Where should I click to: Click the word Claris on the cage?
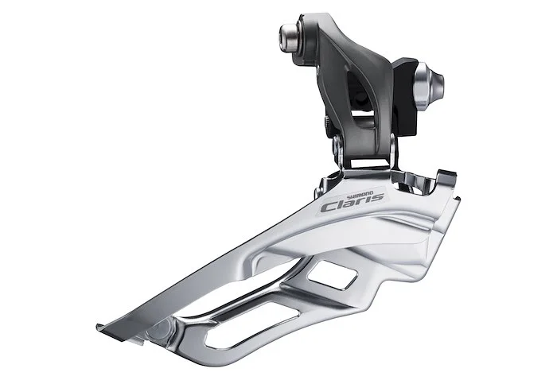click(352, 202)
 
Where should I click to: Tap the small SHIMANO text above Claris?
click(360, 194)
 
